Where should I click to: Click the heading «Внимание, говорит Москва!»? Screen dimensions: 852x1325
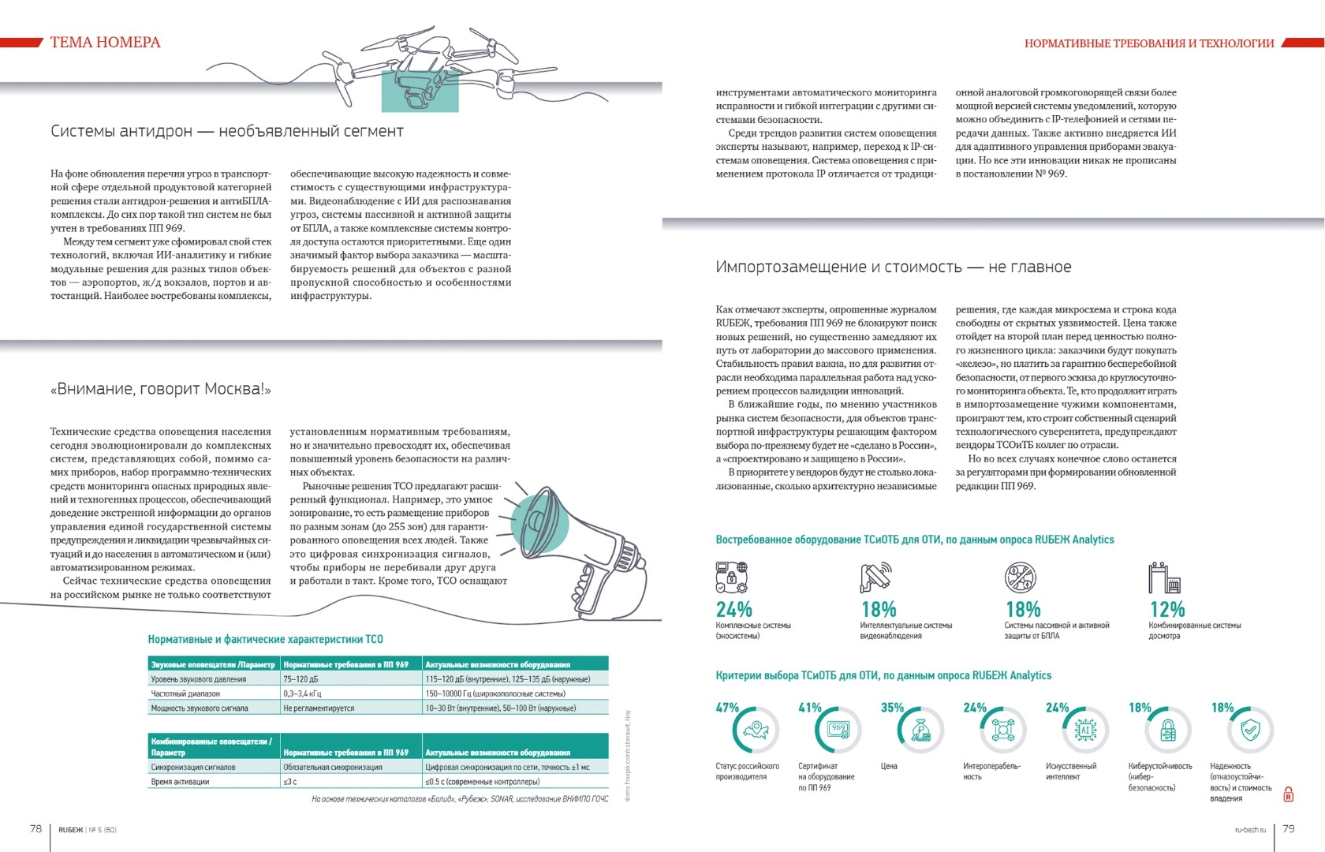pyautogui.click(x=161, y=389)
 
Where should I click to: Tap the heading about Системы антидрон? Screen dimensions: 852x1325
pyautogui.click(x=227, y=131)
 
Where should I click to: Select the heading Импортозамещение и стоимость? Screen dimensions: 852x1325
pyautogui.click(x=893, y=267)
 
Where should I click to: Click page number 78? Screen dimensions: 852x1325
pyautogui.click(x=35, y=828)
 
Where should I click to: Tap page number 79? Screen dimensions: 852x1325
pyautogui.click(x=1289, y=828)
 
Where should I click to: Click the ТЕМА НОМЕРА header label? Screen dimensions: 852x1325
pyautogui.click(x=105, y=43)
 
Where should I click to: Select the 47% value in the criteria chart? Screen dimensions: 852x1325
pyautogui.click(x=727, y=708)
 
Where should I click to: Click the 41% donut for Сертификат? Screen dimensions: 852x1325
pyautogui.click(x=838, y=731)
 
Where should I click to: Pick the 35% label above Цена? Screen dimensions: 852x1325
pyautogui.click(x=892, y=708)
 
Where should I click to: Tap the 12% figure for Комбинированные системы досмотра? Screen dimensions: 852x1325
pyautogui.click(x=1167, y=610)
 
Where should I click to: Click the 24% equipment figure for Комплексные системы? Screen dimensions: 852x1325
pyautogui.click(x=733, y=610)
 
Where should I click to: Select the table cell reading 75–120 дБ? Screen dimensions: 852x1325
pyautogui.click(x=301, y=679)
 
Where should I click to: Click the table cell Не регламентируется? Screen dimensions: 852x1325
pyautogui.click(x=319, y=708)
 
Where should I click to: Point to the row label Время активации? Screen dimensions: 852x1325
pyautogui.click(x=181, y=782)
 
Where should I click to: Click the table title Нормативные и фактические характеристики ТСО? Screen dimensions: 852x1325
pyautogui.click(x=265, y=639)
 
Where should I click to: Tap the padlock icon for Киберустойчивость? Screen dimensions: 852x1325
pyautogui.click(x=1168, y=731)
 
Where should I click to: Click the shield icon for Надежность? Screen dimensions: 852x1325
pyautogui.click(x=1250, y=731)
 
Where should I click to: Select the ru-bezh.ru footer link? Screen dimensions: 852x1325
pyautogui.click(x=1250, y=830)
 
